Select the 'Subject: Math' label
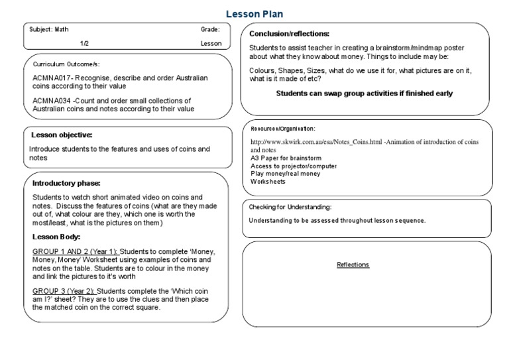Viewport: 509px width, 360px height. click(49, 30)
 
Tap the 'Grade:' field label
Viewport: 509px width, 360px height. click(211, 30)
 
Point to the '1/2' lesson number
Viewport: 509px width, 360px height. click(85, 44)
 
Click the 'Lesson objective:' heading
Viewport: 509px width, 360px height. click(63, 135)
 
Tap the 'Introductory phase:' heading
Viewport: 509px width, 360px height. click(66, 183)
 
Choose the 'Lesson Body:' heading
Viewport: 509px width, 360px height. click(56, 237)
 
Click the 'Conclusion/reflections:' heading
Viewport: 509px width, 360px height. click(289, 33)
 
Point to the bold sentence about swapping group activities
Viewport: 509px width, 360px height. click(364, 93)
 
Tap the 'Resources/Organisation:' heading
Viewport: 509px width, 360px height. click(283, 128)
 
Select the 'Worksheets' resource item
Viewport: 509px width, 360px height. click(268, 181)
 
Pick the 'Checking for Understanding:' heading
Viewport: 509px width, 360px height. click(290, 208)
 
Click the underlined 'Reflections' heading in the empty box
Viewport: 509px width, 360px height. click(353, 265)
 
